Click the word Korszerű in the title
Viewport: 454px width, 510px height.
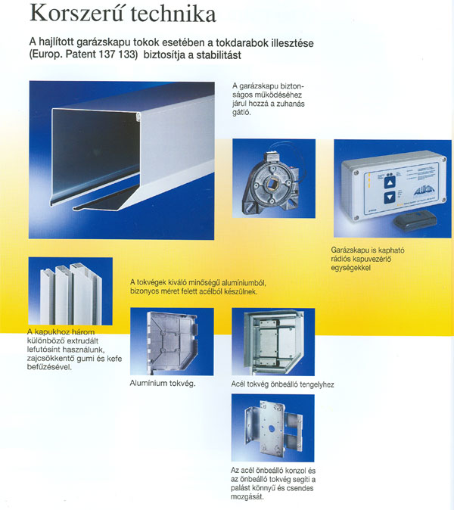point(76,14)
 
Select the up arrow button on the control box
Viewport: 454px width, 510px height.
point(390,182)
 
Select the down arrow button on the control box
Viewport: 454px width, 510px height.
point(390,197)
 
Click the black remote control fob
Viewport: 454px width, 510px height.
point(414,220)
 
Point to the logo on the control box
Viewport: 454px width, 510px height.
point(423,191)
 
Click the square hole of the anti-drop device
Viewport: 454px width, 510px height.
point(272,185)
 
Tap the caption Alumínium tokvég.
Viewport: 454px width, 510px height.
point(163,383)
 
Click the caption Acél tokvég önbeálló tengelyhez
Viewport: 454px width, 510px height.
point(282,384)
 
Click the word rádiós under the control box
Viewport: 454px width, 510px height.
point(340,260)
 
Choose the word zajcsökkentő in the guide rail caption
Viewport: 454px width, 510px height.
point(51,359)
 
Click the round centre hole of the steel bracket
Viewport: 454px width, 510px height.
point(272,430)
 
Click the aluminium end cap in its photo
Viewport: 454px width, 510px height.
point(172,341)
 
